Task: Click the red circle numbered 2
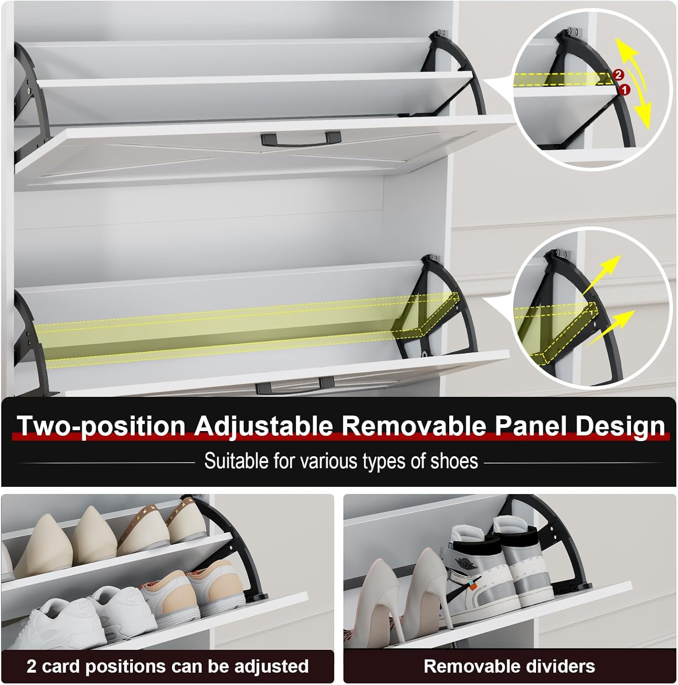[x=618, y=74]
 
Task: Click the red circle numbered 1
[x=624, y=90]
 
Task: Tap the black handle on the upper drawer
[x=301, y=138]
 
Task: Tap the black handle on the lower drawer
[x=294, y=385]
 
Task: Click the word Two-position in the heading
[x=101, y=426]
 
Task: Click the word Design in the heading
[x=620, y=426]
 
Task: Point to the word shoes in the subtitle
[x=454, y=461]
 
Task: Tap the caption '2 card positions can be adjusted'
[x=168, y=666]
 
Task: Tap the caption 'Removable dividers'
[x=509, y=666]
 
